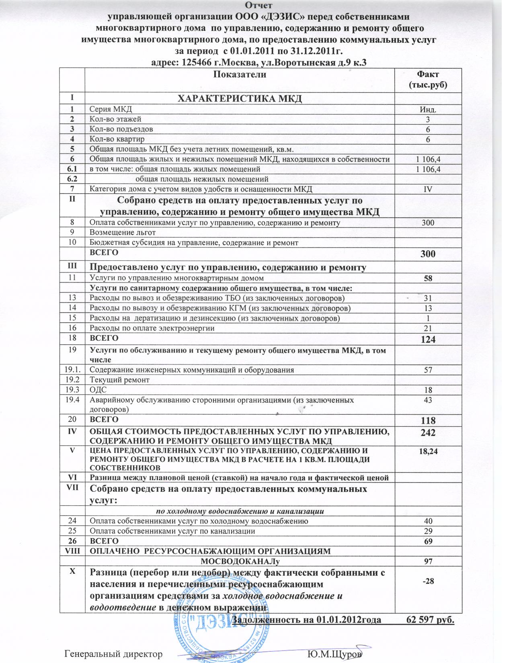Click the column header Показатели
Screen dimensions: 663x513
[240, 74]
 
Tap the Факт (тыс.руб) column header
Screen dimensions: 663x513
[428, 80]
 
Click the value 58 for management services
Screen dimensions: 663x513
[428, 278]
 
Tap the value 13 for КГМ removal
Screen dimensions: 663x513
[428, 308]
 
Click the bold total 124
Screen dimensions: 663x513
[428, 340]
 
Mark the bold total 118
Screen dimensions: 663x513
[428, 421]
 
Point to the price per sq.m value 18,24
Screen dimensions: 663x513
[428, 452]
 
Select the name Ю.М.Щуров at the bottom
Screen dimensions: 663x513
[334, 654]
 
